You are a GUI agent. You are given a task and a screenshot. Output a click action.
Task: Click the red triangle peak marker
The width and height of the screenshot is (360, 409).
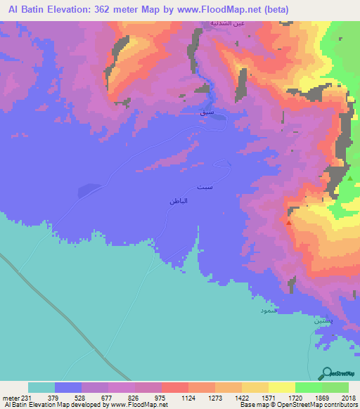(289, 222)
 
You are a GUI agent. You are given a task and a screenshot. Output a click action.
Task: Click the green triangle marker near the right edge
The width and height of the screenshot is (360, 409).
(350, 178)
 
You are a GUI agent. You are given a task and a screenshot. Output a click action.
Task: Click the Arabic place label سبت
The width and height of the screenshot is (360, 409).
(221, 188)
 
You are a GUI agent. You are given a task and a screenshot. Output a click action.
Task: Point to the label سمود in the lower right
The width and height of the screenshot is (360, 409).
(269, 309)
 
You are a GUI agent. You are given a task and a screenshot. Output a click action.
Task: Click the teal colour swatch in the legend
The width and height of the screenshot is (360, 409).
(41, 387)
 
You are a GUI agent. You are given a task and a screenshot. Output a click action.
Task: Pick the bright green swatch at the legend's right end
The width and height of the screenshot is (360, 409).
(335, 387)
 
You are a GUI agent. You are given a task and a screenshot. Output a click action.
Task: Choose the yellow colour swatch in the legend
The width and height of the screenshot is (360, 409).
(281, 387)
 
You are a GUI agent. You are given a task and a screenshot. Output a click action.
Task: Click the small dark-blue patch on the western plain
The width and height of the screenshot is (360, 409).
(89, 188)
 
